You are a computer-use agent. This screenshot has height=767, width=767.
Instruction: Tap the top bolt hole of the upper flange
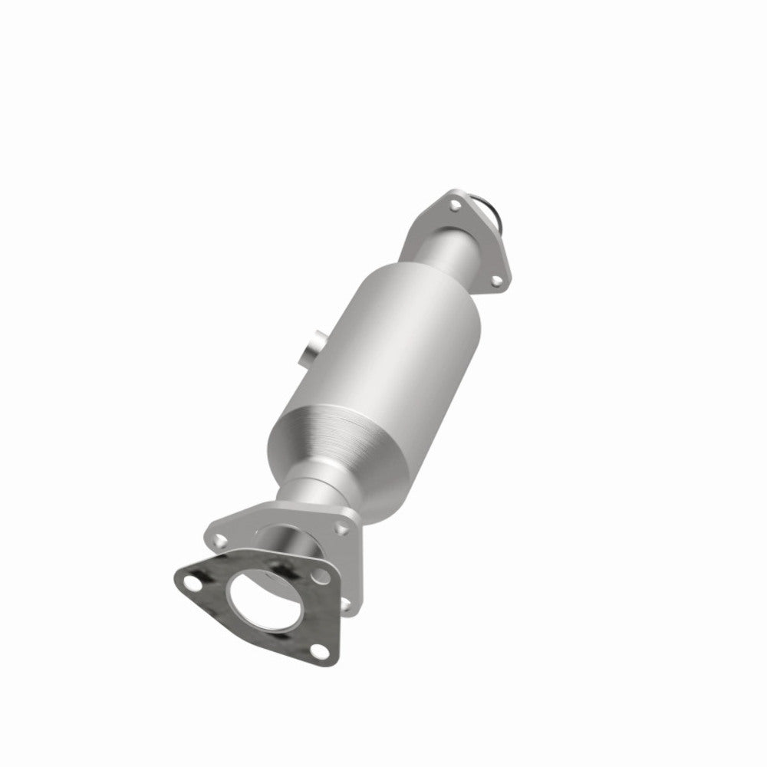tap(456, 206)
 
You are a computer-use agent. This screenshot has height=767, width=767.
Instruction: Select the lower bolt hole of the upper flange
tap(495, 283)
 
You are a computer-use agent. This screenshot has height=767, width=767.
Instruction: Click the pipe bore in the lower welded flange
tap(288, 541)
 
